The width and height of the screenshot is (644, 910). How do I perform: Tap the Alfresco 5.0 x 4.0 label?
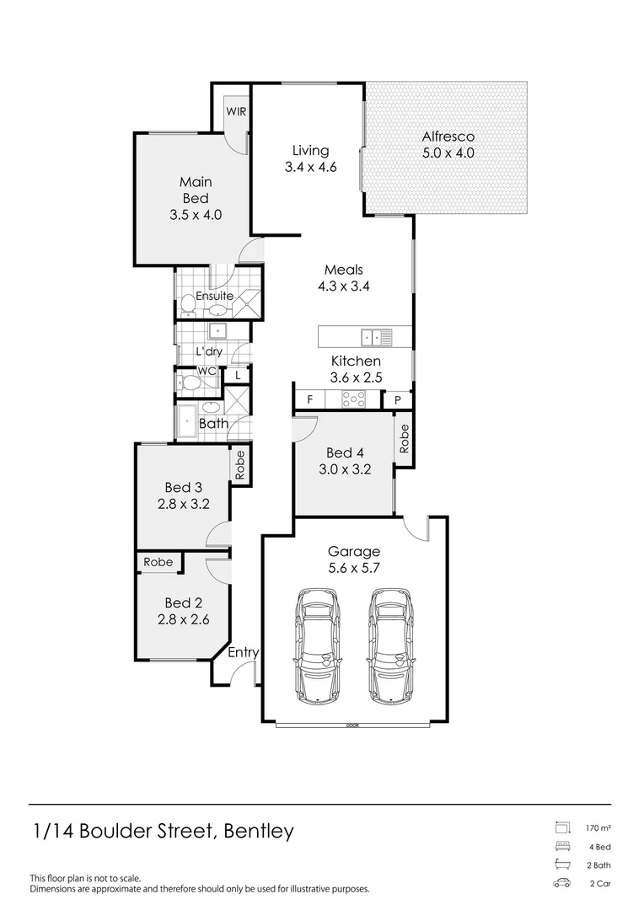(448, 145)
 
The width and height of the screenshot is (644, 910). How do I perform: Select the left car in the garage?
(319, 645)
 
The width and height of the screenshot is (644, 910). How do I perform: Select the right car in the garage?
(393, 645)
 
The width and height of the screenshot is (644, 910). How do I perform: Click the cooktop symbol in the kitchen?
(352, 399)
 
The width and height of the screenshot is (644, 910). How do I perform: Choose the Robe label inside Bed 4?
(405, 438)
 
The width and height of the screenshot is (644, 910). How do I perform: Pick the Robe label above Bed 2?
(158, 562)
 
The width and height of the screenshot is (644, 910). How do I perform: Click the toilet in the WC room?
(189, 384)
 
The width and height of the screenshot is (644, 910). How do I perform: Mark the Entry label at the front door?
(244, 653)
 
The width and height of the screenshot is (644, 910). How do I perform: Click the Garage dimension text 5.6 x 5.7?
(354, 568)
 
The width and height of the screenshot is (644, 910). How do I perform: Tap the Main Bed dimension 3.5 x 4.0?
(196, 214)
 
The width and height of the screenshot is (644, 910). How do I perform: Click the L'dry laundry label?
(209, 351)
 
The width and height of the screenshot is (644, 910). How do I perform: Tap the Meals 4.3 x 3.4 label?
(343, 277)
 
